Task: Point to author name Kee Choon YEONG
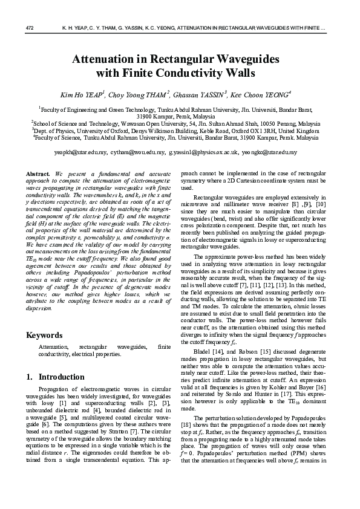(263, 95)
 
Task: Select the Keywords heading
(44, 335)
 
